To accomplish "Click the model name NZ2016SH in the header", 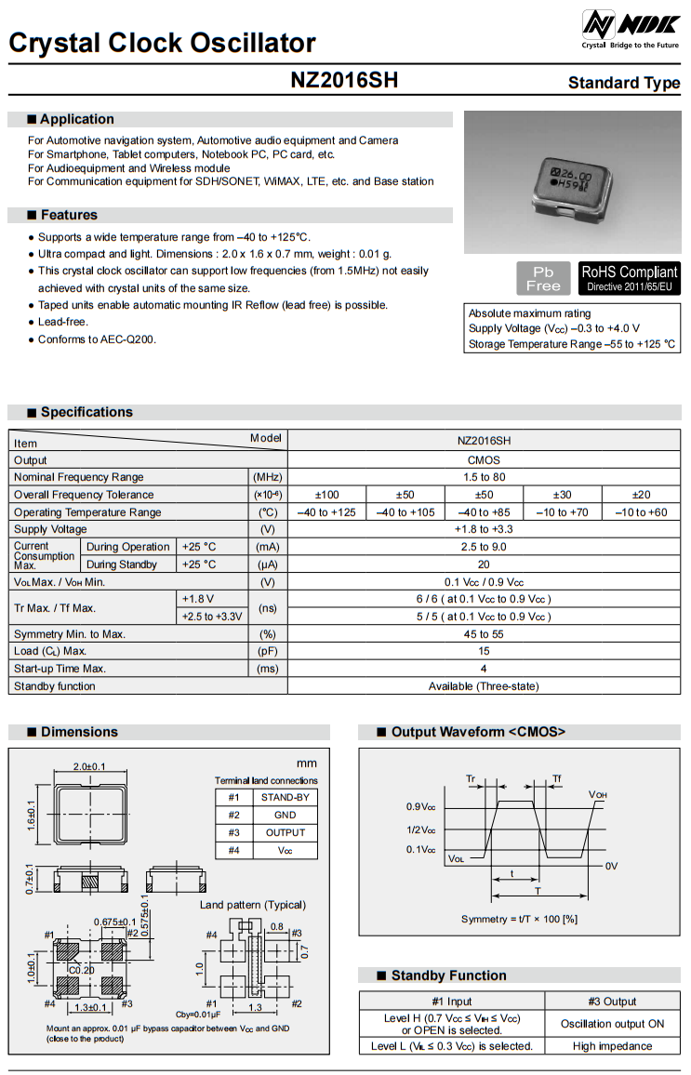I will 344,81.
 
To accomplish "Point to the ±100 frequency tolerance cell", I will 326,495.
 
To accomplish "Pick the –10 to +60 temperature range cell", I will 641,512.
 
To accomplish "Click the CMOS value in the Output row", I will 484,460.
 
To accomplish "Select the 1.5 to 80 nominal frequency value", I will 484,477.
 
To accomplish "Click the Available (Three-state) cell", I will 484,686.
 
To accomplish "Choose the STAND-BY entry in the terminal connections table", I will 285,798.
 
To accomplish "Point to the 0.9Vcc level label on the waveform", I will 421,807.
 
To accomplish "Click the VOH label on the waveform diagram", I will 598,795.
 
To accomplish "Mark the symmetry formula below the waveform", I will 520,920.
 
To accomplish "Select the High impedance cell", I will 612,1046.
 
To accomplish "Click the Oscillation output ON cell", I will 612,1024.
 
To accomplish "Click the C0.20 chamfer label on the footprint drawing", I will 82,970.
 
